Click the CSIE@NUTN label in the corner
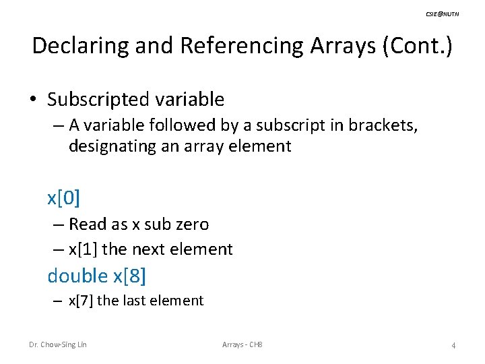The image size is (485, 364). coord(443,13)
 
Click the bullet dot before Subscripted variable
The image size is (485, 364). coord(33,100)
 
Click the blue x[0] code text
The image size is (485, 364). coord(64,198)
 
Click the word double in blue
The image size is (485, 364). coord(77,276)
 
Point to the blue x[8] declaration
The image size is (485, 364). coord(129,276)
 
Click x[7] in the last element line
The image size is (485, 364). coord(81,301)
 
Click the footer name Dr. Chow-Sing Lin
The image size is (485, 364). coord(57,345)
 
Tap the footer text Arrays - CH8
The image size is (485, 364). coord(242,345)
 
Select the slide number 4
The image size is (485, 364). coord(453,346)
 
